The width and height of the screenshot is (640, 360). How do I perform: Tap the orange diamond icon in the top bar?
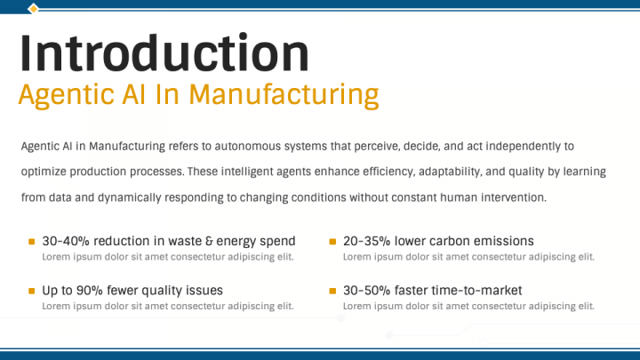pos(33,9)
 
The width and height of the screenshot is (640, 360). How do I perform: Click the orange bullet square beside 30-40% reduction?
pos(32,241)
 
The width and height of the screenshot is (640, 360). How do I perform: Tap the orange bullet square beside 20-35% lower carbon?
pos(333,241)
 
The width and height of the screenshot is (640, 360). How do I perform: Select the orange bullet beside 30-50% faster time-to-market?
pos(333,291)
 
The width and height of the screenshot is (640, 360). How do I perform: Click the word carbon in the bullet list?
pos(450,241)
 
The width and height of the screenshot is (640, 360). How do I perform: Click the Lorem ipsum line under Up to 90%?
pos(168,306)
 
